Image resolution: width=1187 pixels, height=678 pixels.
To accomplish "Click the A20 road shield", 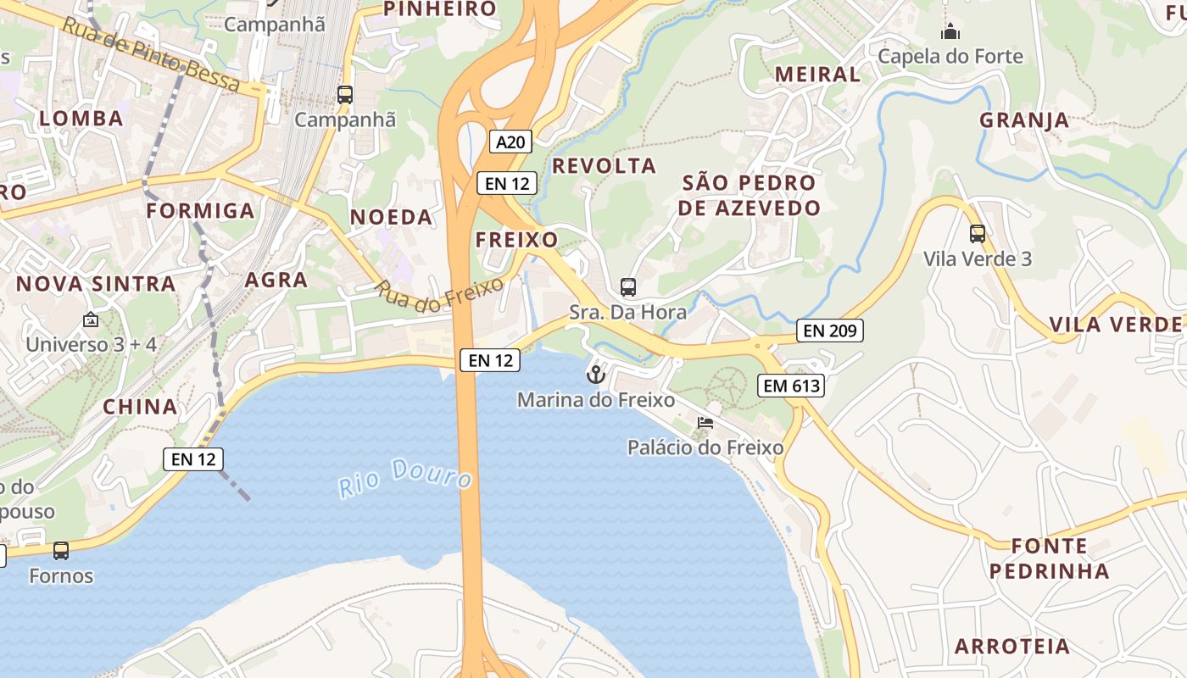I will [x=510, y=142].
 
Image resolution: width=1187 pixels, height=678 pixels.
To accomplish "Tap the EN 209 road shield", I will [x=830, y=331].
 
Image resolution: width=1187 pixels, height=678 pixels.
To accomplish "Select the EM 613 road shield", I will [x=791, y=386].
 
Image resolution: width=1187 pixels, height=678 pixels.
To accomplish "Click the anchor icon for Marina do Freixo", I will [x=596, y=374].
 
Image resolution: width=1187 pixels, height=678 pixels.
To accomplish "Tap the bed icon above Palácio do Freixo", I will [x=705, y=423].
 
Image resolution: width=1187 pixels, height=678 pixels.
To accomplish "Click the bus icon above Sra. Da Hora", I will [x=627, y=287].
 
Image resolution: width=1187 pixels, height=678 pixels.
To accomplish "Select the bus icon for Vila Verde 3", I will [x=978, y=234].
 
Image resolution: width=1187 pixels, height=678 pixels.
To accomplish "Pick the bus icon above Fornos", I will [x=61, y=551].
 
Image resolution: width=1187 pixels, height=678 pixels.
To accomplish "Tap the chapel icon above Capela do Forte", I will [x=950, y=32].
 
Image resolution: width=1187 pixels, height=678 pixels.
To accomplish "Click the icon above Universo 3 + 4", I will [x=91, y=320].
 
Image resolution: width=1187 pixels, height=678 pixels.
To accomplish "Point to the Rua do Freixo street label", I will [x=439, y=296].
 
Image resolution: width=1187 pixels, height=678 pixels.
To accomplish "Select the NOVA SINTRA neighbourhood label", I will [x=96, y=284].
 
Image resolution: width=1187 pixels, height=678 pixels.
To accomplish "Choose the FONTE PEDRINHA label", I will [x=1049, y=558].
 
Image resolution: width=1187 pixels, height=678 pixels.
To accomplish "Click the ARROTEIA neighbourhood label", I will [x=1012, y=646].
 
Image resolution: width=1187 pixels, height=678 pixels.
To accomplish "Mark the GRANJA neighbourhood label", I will [x=1024, y=120].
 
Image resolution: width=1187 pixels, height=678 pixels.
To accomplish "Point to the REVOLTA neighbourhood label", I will [x=605, y=166].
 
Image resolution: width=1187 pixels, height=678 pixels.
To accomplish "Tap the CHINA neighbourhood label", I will [x=140, y=407].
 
